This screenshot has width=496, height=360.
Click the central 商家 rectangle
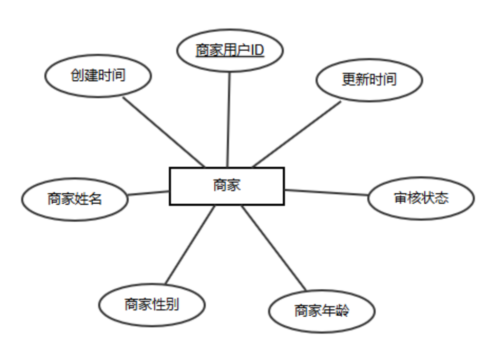227,186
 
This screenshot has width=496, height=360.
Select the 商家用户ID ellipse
230,50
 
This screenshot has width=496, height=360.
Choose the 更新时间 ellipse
369,80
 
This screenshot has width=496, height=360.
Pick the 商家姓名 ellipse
75,199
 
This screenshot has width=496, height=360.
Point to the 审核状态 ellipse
421,198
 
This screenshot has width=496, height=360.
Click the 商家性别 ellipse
151,304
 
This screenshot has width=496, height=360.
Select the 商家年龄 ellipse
321,311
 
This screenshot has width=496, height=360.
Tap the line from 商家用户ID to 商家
229,120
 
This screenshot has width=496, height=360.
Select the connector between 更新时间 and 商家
297,134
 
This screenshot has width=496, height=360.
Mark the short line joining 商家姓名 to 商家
148,192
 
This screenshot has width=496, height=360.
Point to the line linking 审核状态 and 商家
326,192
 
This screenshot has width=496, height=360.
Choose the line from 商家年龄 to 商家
273,247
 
